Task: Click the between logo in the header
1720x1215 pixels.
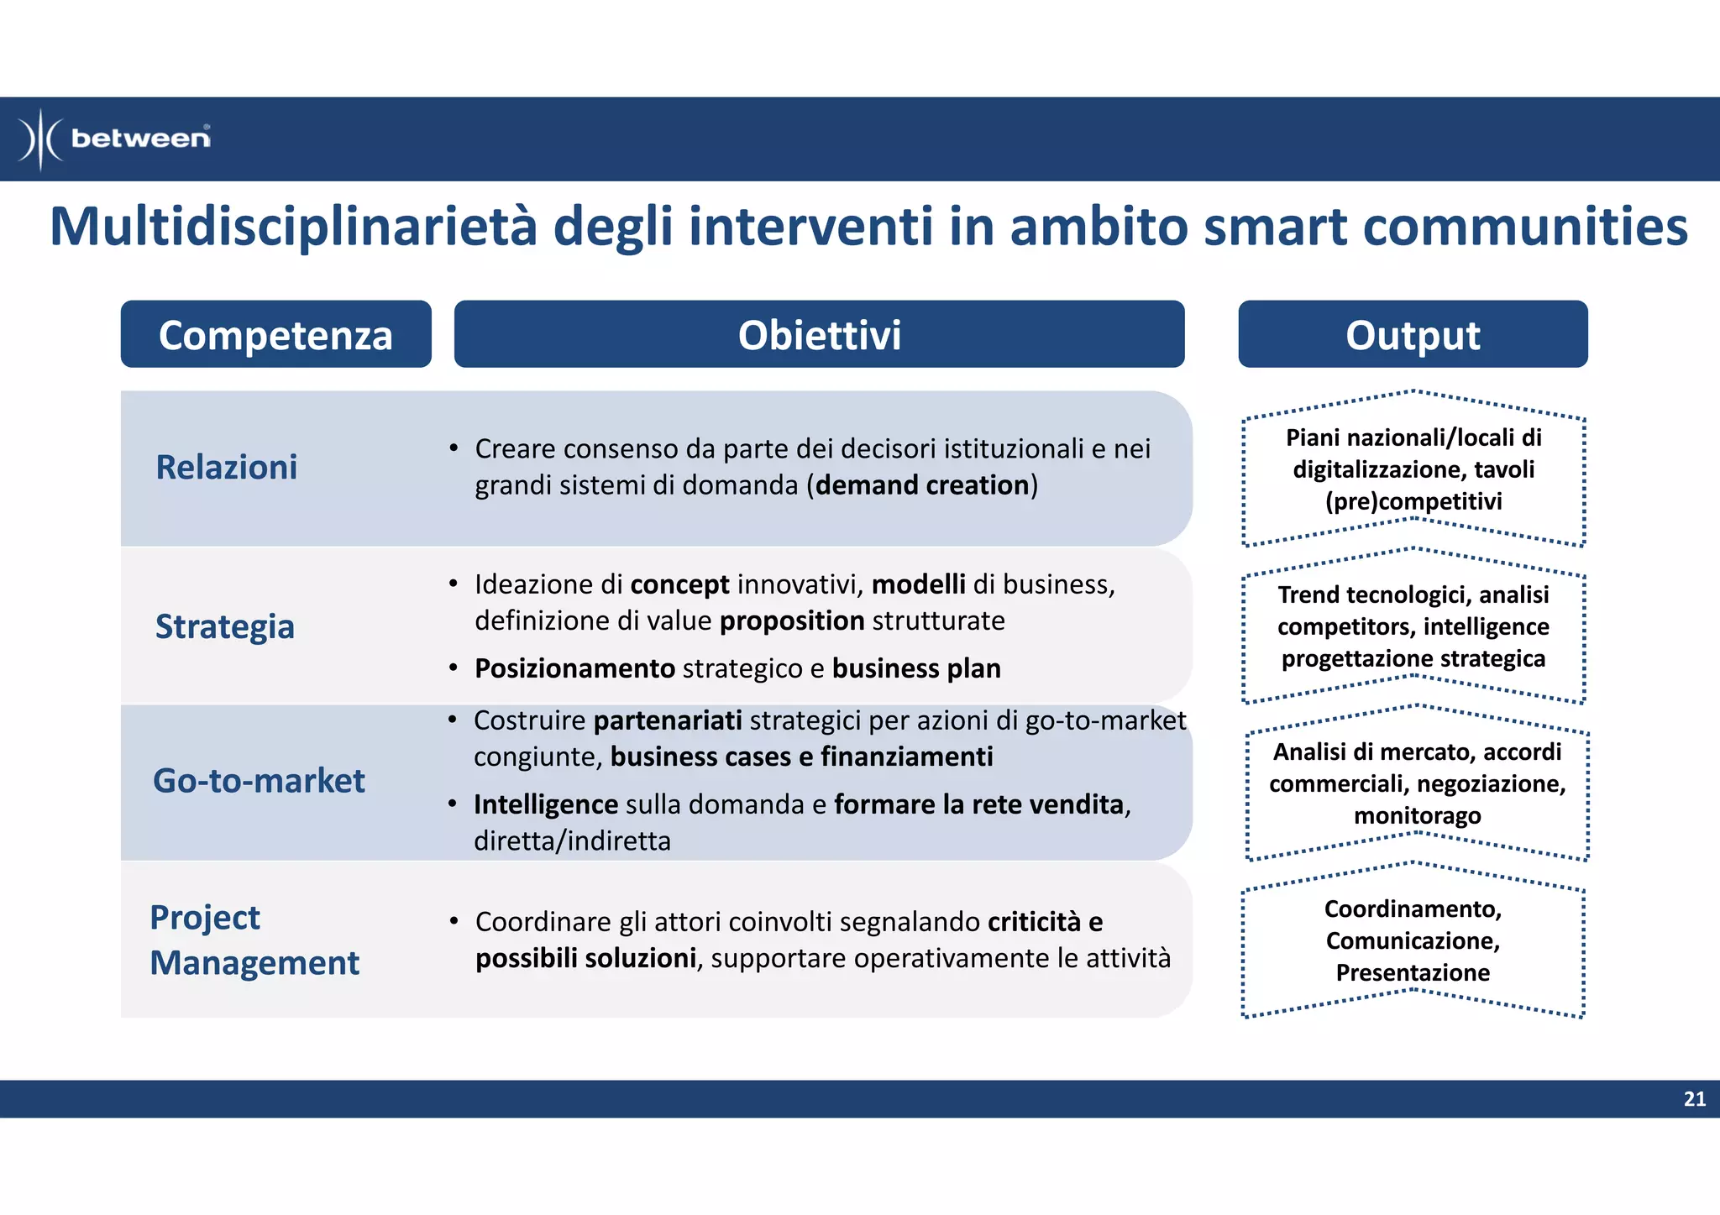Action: pos(115,139)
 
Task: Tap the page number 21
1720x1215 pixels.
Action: pos(1694,1099)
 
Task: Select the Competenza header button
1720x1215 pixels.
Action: pos(275,334)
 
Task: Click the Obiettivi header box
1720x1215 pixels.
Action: pos(819,334)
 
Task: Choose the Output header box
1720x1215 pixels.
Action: pos(1413,334)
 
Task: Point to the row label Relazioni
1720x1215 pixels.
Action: pos(227,467)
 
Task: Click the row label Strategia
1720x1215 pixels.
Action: pos(225,626)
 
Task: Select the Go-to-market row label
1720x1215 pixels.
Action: pos(259,781)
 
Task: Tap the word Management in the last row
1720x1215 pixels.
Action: pos(254,962)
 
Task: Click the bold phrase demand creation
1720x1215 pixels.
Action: pos(922,485)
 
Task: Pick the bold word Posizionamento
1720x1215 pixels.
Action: pos(574,668)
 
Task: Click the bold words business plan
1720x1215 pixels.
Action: pos(916,668)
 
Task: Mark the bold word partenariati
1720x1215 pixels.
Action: pos(668,720)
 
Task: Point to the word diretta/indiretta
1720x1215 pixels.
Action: pos(572,841)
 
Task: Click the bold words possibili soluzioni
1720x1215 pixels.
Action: pos(585,958)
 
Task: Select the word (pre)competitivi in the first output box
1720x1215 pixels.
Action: pos(1413,501)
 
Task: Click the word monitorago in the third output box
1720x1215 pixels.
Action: pos(1417,815)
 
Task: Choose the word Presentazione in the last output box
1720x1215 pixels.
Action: pos(1413,972)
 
